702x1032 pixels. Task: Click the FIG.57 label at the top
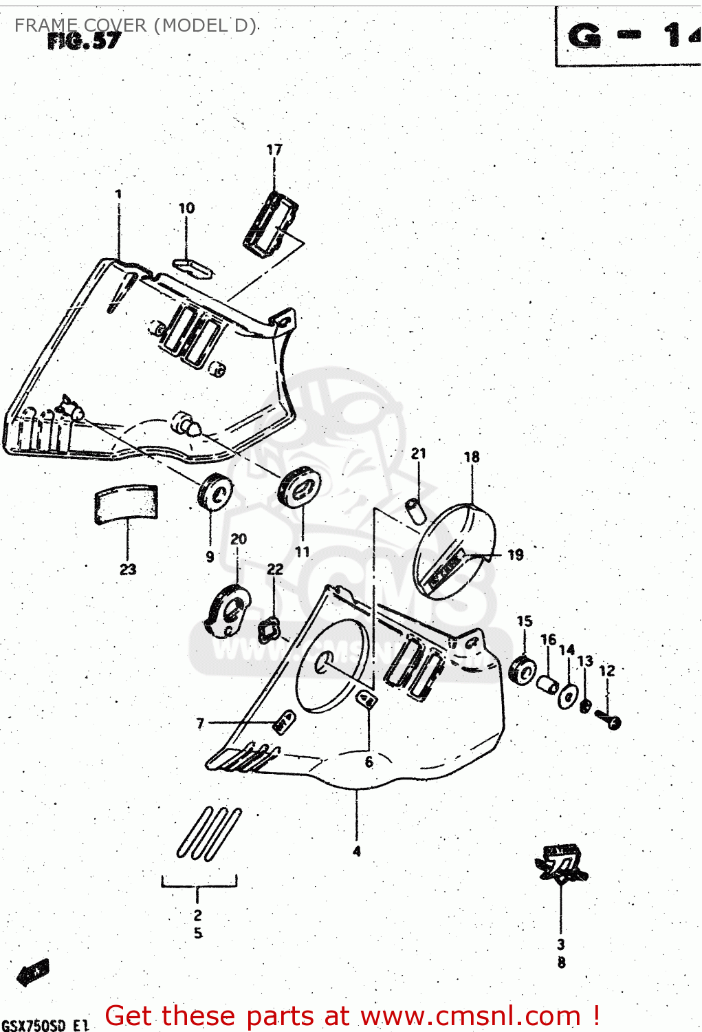(x=84, y=41)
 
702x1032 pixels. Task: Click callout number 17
(x=274, y=149)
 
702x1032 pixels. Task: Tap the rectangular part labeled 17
(x=270, y=224)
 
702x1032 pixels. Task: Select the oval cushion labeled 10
(x=193, y=267)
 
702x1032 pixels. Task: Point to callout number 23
(x=128, y=570)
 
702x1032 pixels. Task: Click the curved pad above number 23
(x=126, y=503)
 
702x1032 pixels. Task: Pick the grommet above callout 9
(x=215, y=492)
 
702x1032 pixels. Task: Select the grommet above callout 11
(x=298, y=486)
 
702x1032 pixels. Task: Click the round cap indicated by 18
(x=454, y=552)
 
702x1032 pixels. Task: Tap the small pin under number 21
(x=414, y=511)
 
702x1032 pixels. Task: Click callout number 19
(x=516, y=555)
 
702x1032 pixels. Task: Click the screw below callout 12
(x=608, y=720)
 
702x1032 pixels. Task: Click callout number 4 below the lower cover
(x=356, y=851)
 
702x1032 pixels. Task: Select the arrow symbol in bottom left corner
(x=33, y=972)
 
